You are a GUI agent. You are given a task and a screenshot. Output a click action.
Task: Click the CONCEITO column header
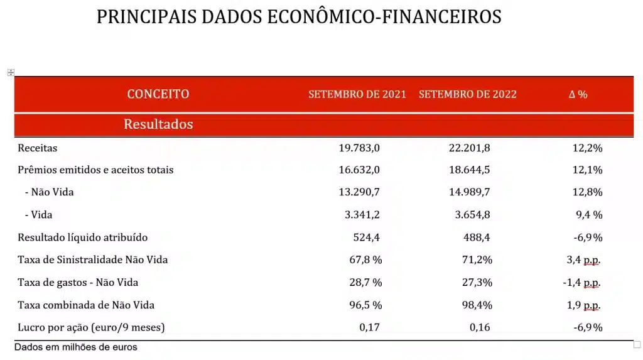pyautogui.click(x=158, y=94)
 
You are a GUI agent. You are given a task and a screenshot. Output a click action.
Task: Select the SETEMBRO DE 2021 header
pyautogui.click(x=357, y=94)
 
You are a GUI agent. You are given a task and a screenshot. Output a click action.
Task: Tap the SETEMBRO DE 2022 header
pyautogui.click(x=467, y=94)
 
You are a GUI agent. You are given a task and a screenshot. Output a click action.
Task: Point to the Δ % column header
pyautogui.click(x=578, y=94)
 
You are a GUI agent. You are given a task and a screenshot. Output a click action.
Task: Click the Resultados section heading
pyautogui.click(x=158, y=124)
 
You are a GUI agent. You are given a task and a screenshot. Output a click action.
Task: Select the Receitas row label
pyautogui.click(x=38, y=148)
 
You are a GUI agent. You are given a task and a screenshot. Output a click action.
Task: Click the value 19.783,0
pyautogui.click(x=359, y=148)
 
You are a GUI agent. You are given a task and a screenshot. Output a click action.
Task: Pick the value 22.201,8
pyautogui.click(x=469, y=148)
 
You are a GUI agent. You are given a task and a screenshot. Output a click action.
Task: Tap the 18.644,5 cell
pyautogui.click(x=469, y=170)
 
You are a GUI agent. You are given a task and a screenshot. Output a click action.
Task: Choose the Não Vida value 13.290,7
pyautogui.click(x=359, y=192)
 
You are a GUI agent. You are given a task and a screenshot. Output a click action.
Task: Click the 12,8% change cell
pyautogui.click(x=588, y=192)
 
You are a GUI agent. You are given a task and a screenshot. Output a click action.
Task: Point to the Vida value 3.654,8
pyautogui.click(x=472, y=215)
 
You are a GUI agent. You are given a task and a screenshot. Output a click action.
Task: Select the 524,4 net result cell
pyautogui.click(x=366, y=237)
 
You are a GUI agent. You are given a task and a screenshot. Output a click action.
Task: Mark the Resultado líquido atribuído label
pyautogui.click(x=83, y=237)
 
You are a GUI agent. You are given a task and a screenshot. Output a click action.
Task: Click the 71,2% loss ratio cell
pyautogui.click(x=477, y=259)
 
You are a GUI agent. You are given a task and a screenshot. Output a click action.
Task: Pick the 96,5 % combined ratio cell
pyautogui.click(x=365, y=305)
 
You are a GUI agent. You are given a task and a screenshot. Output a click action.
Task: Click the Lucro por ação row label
pyautogui.click(x=92, y=327)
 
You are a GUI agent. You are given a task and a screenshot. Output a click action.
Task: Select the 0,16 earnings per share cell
pyautogui.click(x=480, y=327)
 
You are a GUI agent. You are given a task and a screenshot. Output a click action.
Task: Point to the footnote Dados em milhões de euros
pyautogui.click(x=75, y=347)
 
